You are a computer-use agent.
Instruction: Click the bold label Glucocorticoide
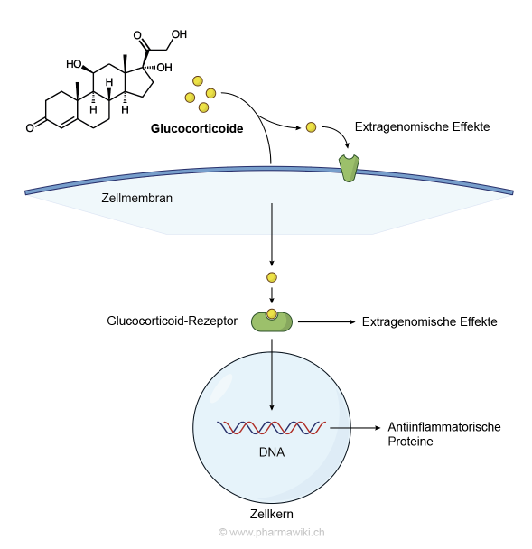click(197, 128)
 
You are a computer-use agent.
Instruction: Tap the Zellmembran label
click(137, 198)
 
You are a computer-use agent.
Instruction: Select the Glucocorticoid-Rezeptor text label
click(172, 321)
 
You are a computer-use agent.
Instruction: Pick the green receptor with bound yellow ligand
click(272, 321)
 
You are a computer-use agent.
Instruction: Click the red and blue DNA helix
click(272, 428)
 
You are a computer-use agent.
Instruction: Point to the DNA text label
click(272, 452)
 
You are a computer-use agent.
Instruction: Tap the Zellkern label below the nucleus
click(272, 514)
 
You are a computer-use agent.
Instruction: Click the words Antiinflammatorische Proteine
click(444, 433)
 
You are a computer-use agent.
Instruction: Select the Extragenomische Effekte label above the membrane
click(423, 126)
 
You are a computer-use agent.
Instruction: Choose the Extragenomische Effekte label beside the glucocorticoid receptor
click(429, 321)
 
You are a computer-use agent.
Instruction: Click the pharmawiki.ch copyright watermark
click(272, 532)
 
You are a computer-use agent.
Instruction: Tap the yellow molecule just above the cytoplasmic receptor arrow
click(272, 277)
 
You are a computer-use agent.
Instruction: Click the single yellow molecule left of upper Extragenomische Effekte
click(311, 127)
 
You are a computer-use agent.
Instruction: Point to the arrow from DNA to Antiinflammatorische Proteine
click(355, 427)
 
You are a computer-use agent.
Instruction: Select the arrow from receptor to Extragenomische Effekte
click(326, 321)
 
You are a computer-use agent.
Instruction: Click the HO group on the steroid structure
click(74, 64)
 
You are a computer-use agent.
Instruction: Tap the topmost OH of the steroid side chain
click(179, 34)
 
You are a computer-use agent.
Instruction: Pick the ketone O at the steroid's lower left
click(30, 127)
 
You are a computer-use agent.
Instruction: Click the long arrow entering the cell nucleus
click(272, 375)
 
